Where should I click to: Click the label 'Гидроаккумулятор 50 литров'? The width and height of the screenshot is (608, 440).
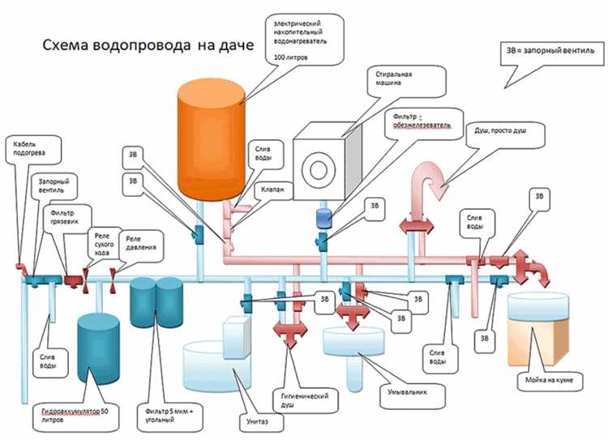81,418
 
